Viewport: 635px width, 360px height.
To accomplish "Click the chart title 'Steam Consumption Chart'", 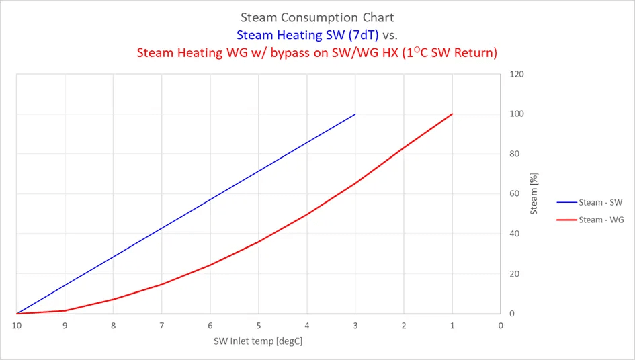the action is click(317, 17).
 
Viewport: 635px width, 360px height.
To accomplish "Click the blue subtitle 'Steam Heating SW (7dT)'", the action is click(307, 35).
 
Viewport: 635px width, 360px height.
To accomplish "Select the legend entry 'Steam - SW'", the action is click(590, 202).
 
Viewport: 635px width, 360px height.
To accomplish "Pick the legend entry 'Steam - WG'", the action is click(590, 220).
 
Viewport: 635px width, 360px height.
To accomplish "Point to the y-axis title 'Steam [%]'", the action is click(534, 193).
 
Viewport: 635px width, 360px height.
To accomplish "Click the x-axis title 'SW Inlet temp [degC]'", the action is click(258, 341).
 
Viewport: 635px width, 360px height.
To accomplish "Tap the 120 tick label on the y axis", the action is click(517, 74).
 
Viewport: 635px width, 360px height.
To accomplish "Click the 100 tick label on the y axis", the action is click(517, 114).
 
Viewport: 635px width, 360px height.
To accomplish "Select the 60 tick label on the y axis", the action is click(514, 193).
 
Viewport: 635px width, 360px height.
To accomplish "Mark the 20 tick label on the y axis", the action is click(514, 274).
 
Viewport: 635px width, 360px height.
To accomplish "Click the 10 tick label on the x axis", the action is click(17, 326).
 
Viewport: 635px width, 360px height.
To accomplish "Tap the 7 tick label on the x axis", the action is click(161, 326).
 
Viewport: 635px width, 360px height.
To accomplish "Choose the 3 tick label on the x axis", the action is click(355, 326).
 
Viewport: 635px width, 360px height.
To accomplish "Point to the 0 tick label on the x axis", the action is click(501, 326).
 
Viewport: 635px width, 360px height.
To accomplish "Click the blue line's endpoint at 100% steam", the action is click(355, 114).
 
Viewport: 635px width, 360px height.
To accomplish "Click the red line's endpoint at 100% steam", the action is click(452, 114).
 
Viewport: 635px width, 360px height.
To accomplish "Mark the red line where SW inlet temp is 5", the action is click(259, 242).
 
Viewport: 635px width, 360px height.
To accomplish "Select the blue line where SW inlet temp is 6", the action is click(210, 199).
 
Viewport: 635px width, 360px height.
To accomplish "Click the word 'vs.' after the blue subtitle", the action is click(390, 35).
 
